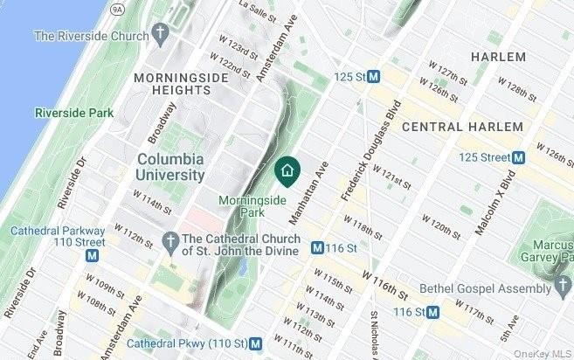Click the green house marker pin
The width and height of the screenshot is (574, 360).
286,169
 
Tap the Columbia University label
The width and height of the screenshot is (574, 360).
170,167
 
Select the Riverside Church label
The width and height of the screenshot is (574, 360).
89,36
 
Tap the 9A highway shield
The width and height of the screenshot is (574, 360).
118,7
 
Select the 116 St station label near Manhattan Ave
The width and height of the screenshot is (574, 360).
342,249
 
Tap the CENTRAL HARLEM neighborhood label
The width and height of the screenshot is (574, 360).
462,128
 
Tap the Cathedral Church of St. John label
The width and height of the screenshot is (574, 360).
240,244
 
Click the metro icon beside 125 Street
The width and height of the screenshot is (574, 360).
518,157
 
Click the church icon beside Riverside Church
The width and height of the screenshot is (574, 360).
159,35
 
